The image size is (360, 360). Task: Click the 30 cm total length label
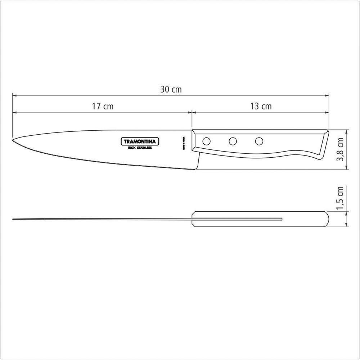pyautogui.click(x=171, y=90)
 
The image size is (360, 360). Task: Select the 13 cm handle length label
pyautogui.click(x=261, y=107)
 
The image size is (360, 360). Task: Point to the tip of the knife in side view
pyautogui.click(x=13, y=139)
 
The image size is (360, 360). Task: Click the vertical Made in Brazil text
pyautogui.click(x=183, y=143)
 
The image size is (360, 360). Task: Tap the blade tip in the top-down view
pyautogui.click(x=13, y=219)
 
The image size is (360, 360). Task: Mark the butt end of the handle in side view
pyautogui.click(x=326, y=144)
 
